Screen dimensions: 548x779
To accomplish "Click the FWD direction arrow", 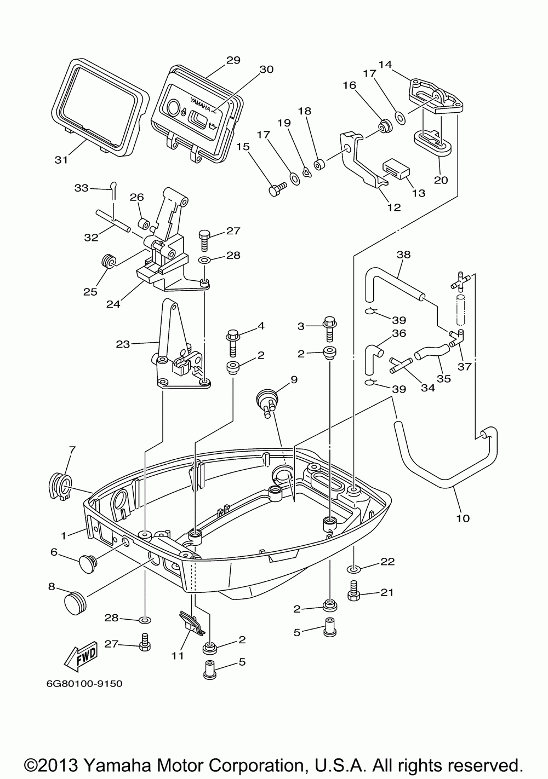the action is click(81, 657).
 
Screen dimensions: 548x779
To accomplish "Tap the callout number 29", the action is click(233, 60).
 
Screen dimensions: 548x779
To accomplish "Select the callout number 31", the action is click(61, 160).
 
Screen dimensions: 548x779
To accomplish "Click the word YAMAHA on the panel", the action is click(200, 104).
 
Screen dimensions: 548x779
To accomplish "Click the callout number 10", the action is click(463, 528).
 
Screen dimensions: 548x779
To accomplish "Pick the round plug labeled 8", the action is click(75, 603).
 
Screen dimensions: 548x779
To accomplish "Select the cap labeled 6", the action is click(87, 564).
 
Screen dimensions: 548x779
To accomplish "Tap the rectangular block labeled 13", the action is click(396, 169).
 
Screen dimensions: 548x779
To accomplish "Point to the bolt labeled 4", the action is click(232, 344).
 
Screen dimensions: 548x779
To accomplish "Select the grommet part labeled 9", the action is click(268, 401).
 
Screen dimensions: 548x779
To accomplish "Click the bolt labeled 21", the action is click(353, 591).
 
